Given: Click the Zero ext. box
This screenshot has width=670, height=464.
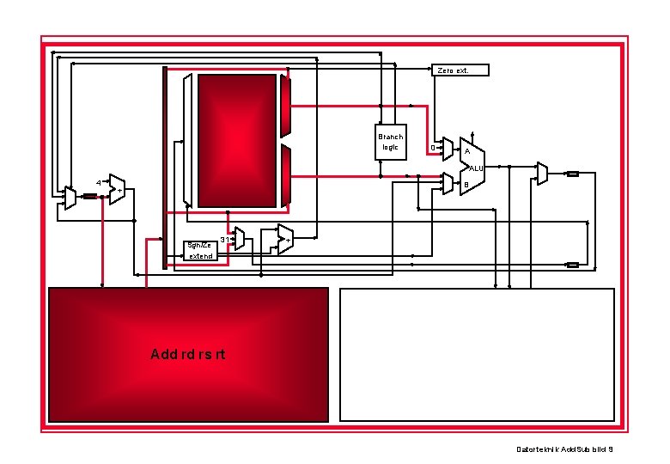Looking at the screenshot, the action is [x=460, y=70].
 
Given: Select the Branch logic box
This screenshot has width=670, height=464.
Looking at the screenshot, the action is [x=390, y=142].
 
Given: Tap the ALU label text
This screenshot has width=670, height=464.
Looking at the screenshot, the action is [x=477, y=168].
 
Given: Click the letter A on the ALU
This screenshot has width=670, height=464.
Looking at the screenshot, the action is [x=466, y=152].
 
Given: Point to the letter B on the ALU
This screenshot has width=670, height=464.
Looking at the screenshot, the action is [x=466, y=185].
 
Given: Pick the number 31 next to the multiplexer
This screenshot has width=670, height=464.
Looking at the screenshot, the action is [x=224, y=239].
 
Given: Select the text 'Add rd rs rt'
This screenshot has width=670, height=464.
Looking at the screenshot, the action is [x=187, y=354].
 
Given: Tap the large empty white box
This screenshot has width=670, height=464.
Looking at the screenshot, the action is [x=478, y=354].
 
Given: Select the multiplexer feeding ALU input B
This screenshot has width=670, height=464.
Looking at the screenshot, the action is [x=448, y=183].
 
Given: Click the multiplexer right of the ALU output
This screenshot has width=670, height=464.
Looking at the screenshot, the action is [x=541, y=173].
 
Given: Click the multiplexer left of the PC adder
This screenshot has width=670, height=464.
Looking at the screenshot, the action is [x=70, y=198].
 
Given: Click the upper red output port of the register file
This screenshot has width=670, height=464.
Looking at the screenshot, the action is [x=286, y=105].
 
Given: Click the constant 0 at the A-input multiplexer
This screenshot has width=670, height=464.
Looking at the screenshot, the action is [x=432, y=148].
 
